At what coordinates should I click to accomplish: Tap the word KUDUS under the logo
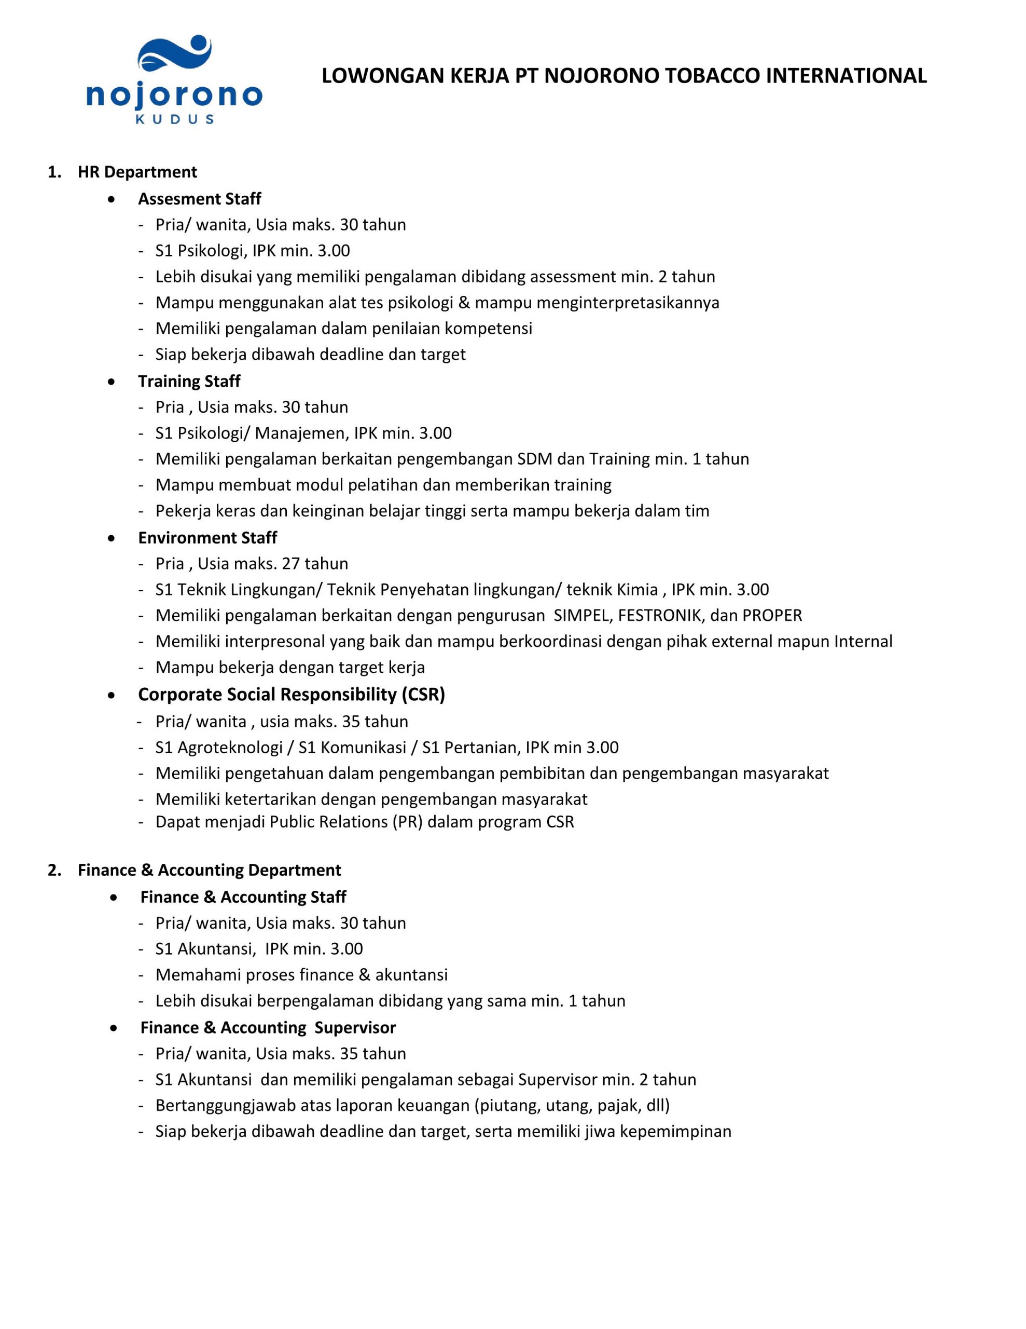(x=175, y=119)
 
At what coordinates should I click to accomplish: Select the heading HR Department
(x=137, y=172)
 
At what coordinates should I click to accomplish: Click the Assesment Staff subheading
(x=200, y=199)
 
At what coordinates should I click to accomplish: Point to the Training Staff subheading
(x=189, y=382)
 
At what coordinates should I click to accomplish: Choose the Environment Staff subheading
(x=207, y=538)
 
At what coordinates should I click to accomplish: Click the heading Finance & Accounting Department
(x=209, y=870)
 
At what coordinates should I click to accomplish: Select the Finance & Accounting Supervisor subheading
(x=268, y=1028)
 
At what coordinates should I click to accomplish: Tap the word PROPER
(x=772, y=616)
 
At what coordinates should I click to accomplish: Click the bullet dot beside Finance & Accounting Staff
(x=114, y=897)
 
